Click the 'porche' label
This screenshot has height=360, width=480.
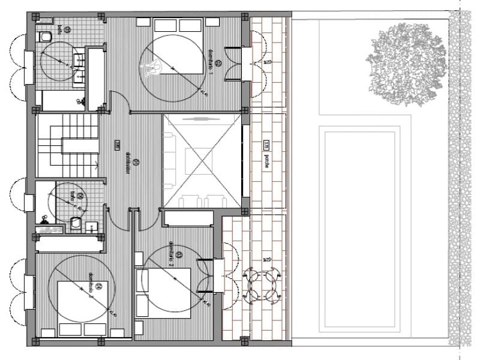point(266,161)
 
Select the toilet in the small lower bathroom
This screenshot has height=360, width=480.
point(76,223)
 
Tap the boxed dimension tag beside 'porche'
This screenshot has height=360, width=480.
point(266,145)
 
